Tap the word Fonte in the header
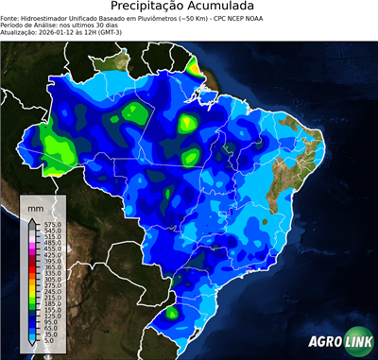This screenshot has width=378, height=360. (x=12, y=17)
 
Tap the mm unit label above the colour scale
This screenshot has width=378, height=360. (x=35, y=206)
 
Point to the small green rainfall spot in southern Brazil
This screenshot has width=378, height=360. (x=172, y=312)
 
